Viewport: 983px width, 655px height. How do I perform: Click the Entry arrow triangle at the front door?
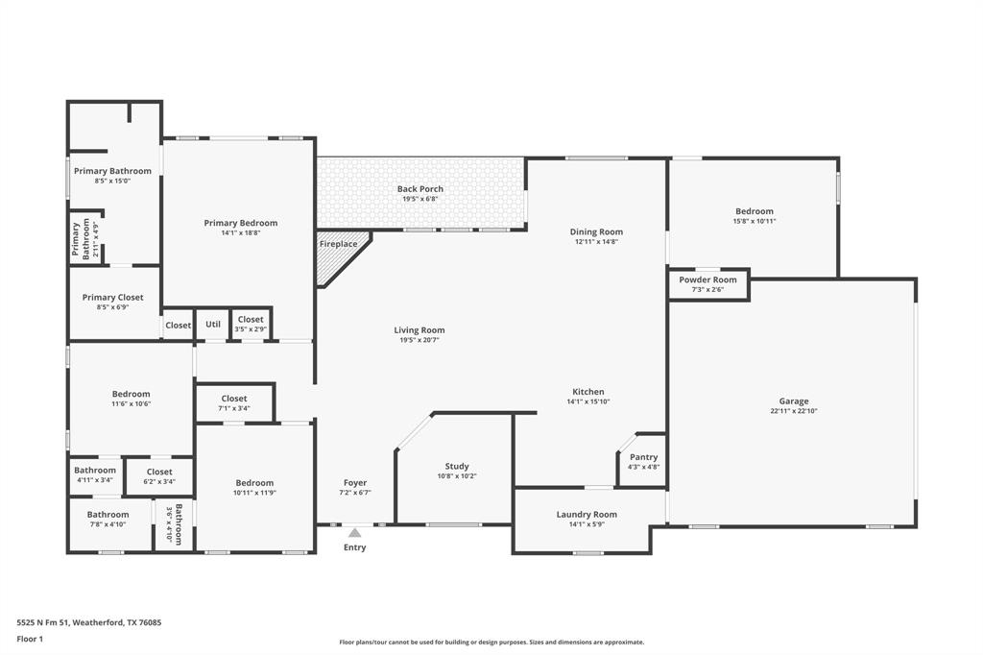click(x=355, y=533)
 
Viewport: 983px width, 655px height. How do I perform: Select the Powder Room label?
click(x=707, y=279)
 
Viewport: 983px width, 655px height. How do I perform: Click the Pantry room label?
click(x=644, y=457)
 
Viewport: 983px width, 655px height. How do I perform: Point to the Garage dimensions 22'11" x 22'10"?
click(x=794, y=412)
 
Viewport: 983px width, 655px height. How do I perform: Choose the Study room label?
click(x=457, y=466)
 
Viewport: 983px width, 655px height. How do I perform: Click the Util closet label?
click(x=213, y=325)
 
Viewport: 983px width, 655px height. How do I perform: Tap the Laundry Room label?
click(x=587, y=515)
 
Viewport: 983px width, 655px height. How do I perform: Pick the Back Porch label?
click(x=420, y=189)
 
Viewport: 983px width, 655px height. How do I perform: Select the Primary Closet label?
click(x=113, y=298)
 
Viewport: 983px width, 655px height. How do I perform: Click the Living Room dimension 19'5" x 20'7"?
click(x=420, y=340)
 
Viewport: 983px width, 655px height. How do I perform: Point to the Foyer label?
click(x=355, y=482)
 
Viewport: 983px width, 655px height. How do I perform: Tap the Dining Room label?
click(x=596, y=231)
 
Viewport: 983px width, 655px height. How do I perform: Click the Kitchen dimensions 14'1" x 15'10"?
click(x=588, y=401)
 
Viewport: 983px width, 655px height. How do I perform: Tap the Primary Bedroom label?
click(x=241, y=223)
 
